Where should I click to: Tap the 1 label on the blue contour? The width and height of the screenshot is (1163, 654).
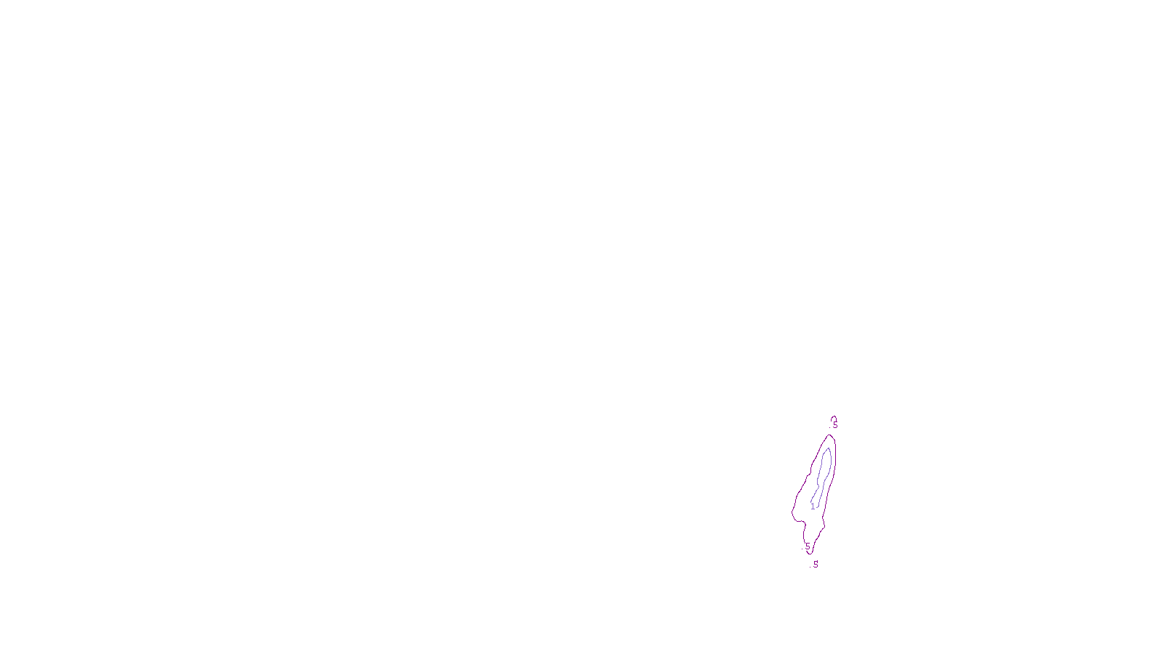(813, 506)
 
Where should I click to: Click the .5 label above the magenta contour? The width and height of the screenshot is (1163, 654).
(834, 426)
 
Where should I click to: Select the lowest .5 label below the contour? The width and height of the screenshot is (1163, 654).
(815, 565)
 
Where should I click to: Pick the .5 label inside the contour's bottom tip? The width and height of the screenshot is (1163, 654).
(807, 546)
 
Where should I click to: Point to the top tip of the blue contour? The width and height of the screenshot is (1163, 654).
(826, 448)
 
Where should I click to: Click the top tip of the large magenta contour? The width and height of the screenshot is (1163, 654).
(830, 435)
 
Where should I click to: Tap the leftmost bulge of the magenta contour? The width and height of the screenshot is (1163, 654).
(792, 512)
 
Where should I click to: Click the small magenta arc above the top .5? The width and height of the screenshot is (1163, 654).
(833, 417)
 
